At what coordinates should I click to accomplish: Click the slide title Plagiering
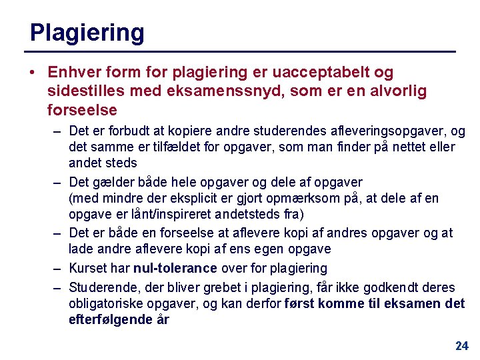pos(87,32)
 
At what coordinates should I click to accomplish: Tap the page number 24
pos(461,345)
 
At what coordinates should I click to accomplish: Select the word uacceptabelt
pos(309,72)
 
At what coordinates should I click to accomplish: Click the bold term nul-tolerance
pos(175,268)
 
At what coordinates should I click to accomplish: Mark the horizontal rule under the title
pos(240,51)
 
